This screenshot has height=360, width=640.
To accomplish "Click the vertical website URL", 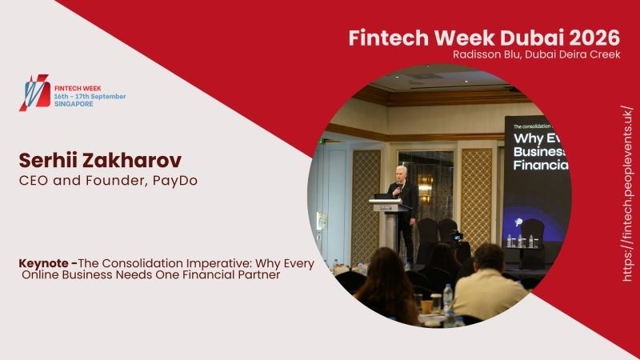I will [x=627, y=193].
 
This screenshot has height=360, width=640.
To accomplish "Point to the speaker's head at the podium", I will [x=399, y=171].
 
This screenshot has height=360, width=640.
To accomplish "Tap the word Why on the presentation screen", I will [x=525, y=137].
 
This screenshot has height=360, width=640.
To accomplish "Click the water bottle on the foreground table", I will [x=448, y=298].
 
